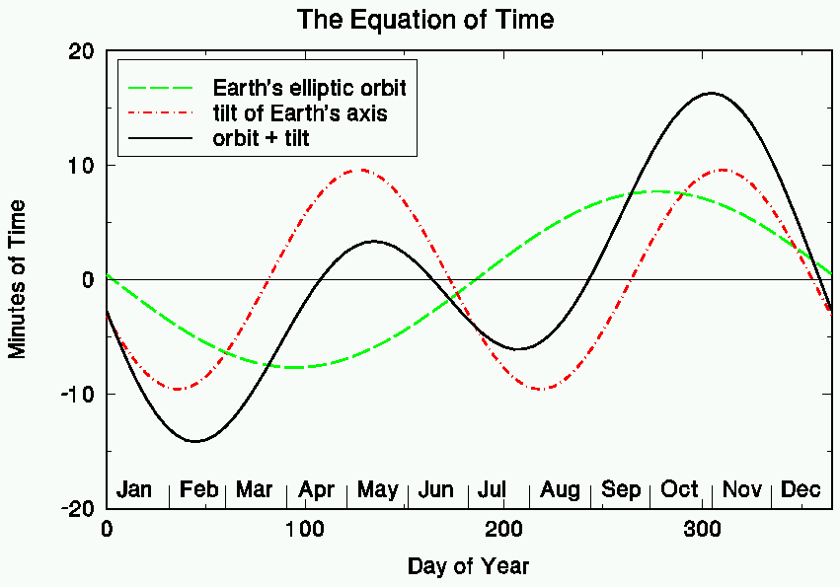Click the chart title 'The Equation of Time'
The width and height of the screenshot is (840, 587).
click(x=425, y=19)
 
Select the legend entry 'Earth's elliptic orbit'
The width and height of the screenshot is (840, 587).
click(x=309, y=88)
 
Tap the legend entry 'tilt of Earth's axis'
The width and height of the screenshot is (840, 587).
click(x=299, y=113)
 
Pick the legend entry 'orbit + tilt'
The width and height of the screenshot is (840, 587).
click(x=261, y=138)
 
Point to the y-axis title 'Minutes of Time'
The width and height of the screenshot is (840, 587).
click(x=18, y=278)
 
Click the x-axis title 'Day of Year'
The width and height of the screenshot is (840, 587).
click(x=468, y=566)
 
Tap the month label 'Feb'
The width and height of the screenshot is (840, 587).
click(x=198, y=489)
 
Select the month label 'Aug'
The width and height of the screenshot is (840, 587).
click(x=560, y=489)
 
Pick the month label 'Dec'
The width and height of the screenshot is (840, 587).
click(x=801, y=489)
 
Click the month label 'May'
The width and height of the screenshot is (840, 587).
click(x=377, y=489)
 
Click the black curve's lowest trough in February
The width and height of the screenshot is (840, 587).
click(x=195, y=441)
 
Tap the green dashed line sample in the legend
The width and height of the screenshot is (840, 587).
click(x=164, y=88)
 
